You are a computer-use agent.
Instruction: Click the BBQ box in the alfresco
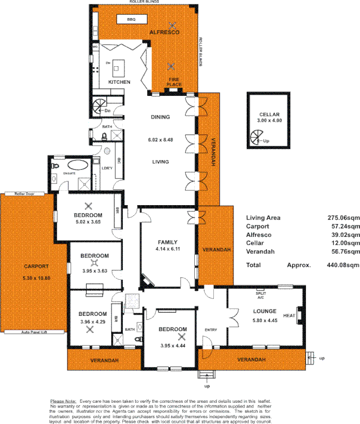coord(131,20)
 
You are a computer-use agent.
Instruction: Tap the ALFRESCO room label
coord(164,32)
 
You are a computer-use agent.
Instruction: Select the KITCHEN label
coord(119,82)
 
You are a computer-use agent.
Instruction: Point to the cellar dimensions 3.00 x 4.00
coord(269,121)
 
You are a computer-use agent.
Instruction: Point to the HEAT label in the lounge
coord(289,316)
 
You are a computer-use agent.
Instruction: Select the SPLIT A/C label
coord(260,294)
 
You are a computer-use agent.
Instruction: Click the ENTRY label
coord(211,330)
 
